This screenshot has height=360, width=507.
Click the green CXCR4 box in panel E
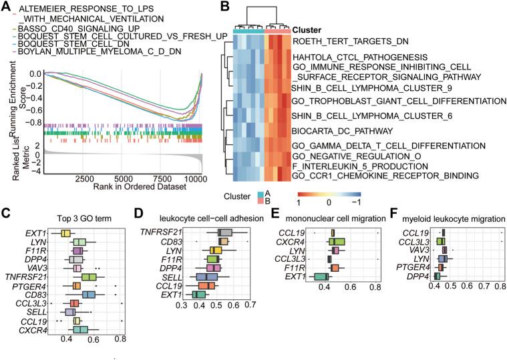(337, 242)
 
